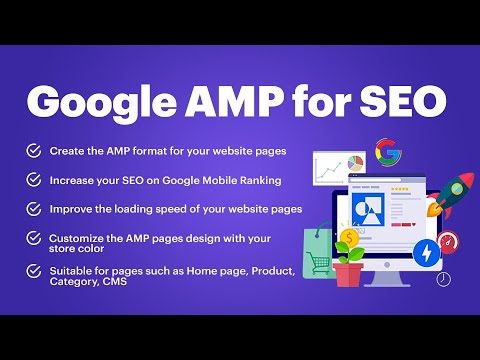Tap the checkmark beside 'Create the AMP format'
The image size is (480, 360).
pos(34,151)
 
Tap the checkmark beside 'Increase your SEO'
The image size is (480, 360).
pos(34,181)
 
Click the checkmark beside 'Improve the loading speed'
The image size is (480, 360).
pos(34,210)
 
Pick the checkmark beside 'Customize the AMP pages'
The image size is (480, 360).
pos(34,240)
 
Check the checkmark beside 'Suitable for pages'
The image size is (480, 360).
pos(34,272)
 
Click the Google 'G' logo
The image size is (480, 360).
pos(388,152)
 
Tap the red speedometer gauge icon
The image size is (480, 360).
pos(448,242)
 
